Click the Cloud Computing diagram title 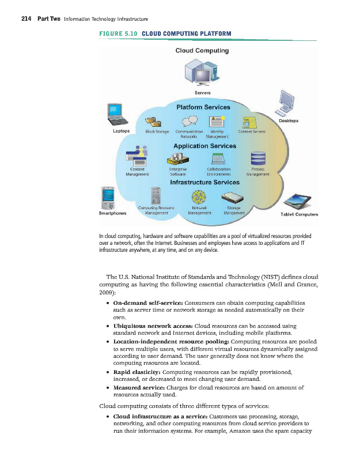(202, 50)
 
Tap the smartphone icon (107, 199)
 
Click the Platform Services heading (203, 107)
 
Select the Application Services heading (204, 146)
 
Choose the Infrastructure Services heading (204, 182)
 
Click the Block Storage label (157, 132)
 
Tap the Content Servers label (252, 132)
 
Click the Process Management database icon (257, 158)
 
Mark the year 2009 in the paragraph (108, 292)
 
